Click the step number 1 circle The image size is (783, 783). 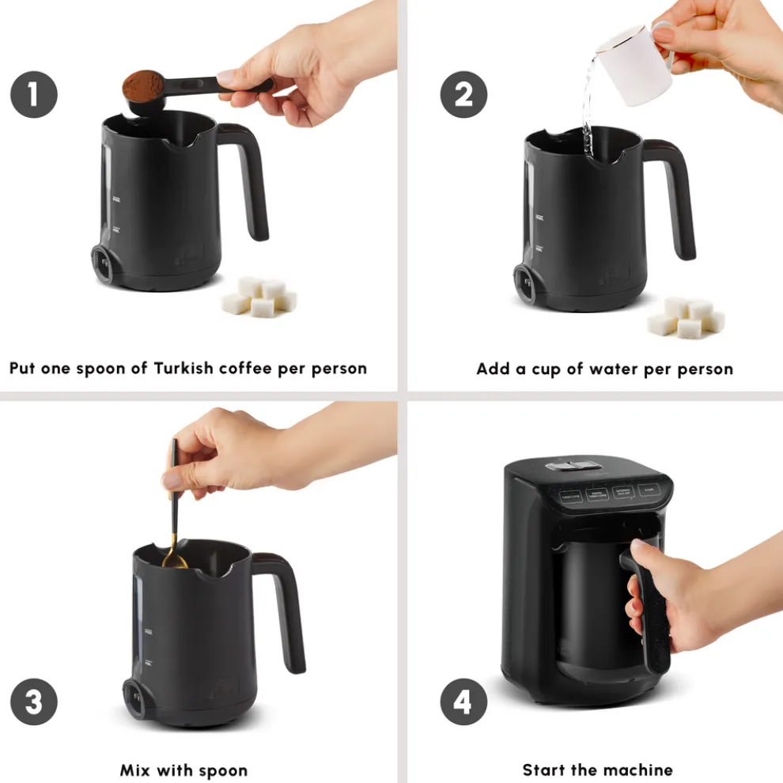(33, 94)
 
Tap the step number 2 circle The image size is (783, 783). (463, 94)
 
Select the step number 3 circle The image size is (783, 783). (33, 701)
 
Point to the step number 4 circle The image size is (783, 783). (463, 701)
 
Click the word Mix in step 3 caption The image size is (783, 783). (138, 770)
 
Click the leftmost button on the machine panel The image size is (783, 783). (569, 497)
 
